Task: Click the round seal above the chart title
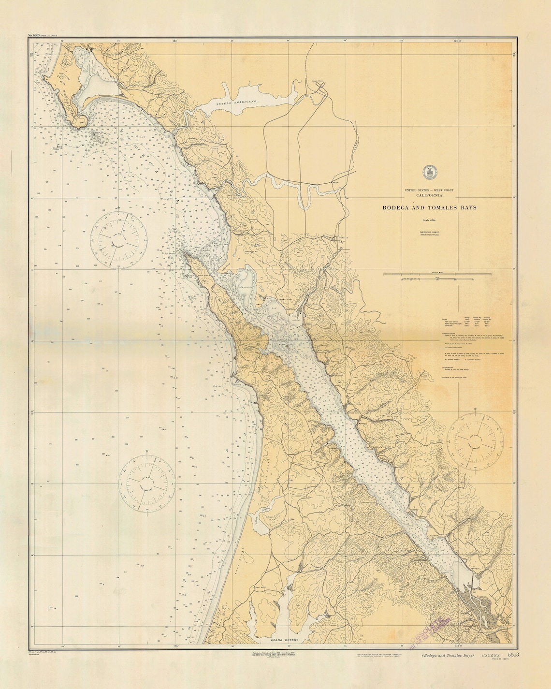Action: (x=429, y=171)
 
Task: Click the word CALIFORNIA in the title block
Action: (x=429, y=195)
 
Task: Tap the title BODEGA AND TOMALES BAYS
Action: (x=429, y=207)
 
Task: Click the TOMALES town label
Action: (x=344, y=238)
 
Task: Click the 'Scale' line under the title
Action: (x=429, y=220)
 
